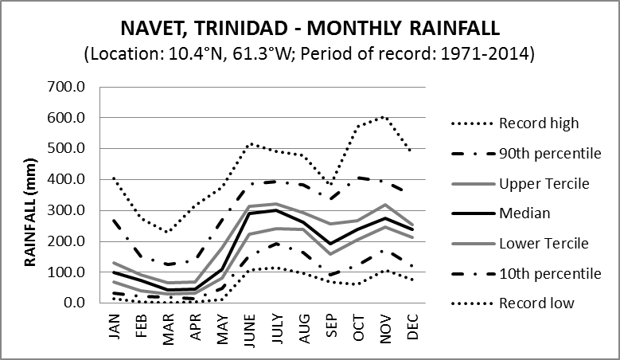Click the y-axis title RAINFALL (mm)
[33, 194]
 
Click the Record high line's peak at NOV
[385, 116]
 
